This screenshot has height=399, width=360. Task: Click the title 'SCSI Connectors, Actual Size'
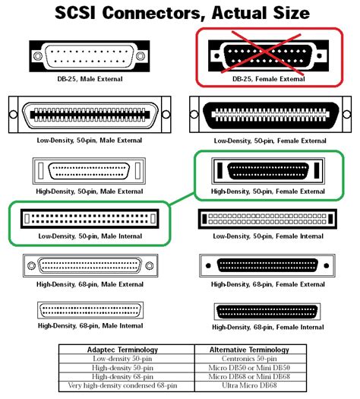click(179, 13)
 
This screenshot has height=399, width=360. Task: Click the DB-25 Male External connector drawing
click(89, 55)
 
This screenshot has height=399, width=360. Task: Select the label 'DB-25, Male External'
click(89, 78)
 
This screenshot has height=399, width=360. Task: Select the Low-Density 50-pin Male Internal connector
click(89, 219)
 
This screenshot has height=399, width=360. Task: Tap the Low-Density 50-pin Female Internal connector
click(269, 219)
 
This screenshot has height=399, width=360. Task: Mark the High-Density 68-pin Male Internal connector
click(89, 311)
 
